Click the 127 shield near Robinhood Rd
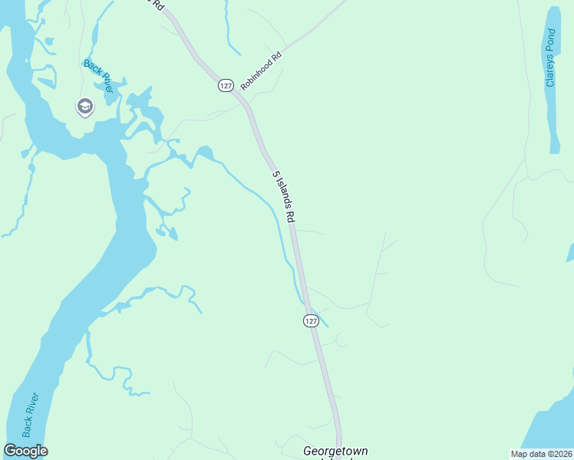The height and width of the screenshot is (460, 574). tap(225, 86)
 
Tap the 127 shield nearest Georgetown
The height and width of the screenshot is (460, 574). tap(310, 320)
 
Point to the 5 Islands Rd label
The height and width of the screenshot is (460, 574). tap(283, 196)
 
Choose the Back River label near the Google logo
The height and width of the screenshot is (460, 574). tap(31, 415)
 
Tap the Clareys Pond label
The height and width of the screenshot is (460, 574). tap(550, 58)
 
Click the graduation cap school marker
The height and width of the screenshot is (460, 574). tap(84, 107)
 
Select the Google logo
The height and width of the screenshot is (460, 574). tap(25, 451)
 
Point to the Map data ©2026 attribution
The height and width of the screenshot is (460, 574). tap(540, 454)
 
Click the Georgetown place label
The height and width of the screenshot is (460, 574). tap(335, 452)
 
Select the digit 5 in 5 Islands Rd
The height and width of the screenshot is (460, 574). tap(274, 176)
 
